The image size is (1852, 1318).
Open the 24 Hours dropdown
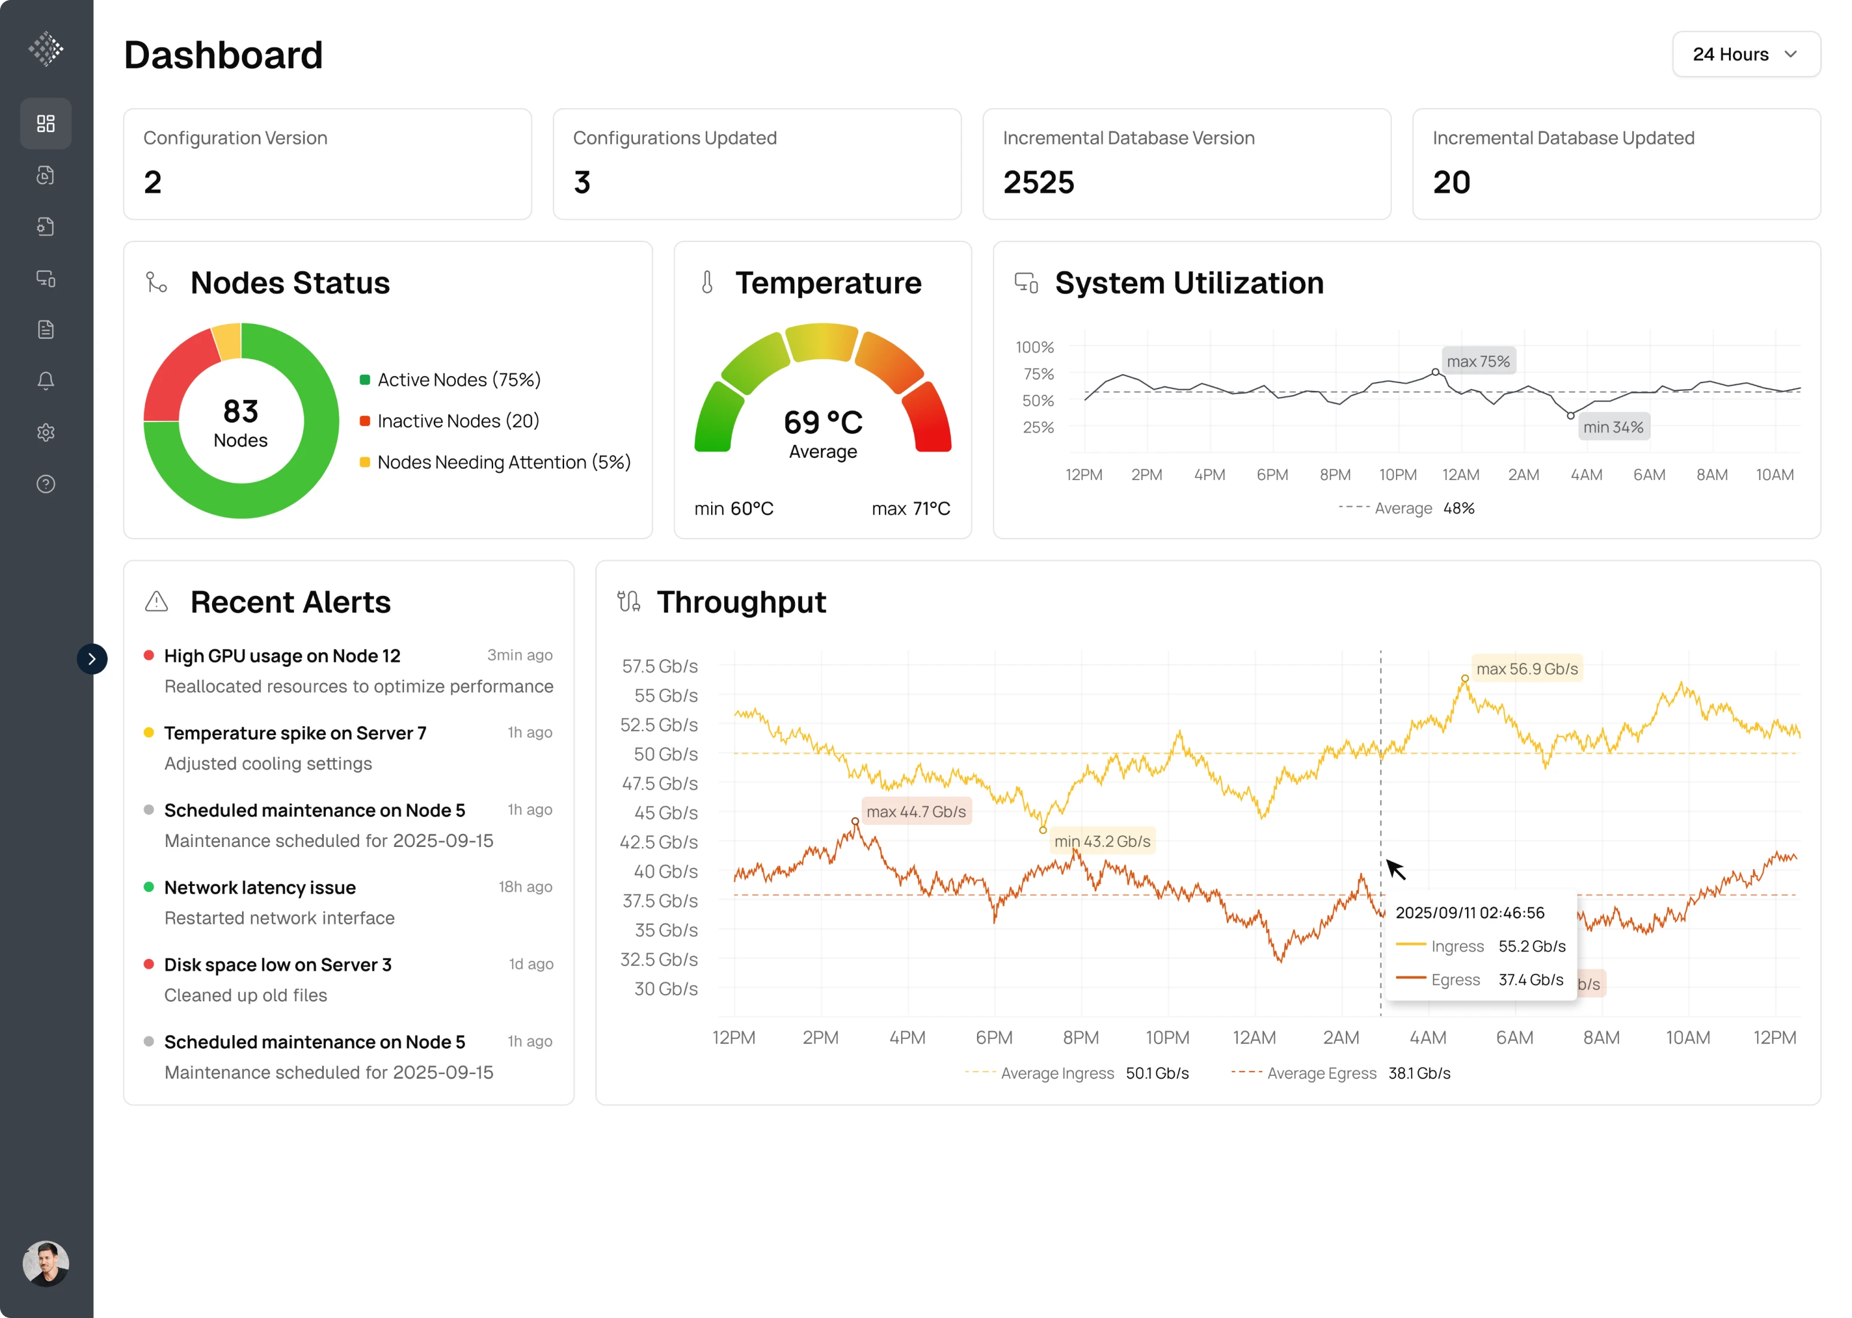1745,54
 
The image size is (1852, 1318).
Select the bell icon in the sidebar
45,381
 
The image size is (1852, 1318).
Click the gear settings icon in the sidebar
45,433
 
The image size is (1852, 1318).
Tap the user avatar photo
45,1263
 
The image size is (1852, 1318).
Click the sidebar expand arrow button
91,659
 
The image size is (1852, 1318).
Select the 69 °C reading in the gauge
822,422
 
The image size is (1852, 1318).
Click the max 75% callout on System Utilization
1477,361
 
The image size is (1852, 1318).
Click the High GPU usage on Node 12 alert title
281,656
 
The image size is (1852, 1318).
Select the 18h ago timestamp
525,887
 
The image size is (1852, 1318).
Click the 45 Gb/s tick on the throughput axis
665,813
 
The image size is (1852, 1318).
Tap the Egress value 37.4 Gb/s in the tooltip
1530,980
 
